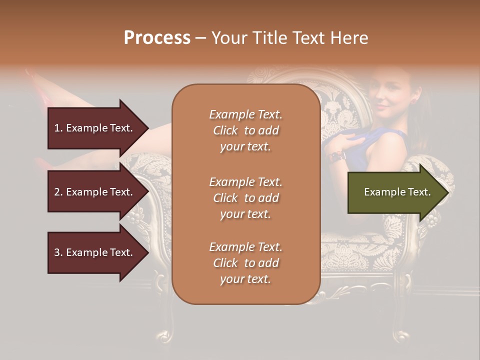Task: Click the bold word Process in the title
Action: point(157,38)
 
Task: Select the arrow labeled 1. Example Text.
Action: point(95,128)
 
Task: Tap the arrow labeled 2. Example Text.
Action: point(95,192)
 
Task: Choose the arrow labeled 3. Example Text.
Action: point(95,252)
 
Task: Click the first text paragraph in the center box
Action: point(245,130)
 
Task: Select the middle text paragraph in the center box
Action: point(245,198)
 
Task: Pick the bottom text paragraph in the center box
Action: point(245,263)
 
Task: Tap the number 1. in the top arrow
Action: point(58,128)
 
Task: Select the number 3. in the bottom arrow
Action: point(58,252)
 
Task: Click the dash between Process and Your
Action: point(200,38)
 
